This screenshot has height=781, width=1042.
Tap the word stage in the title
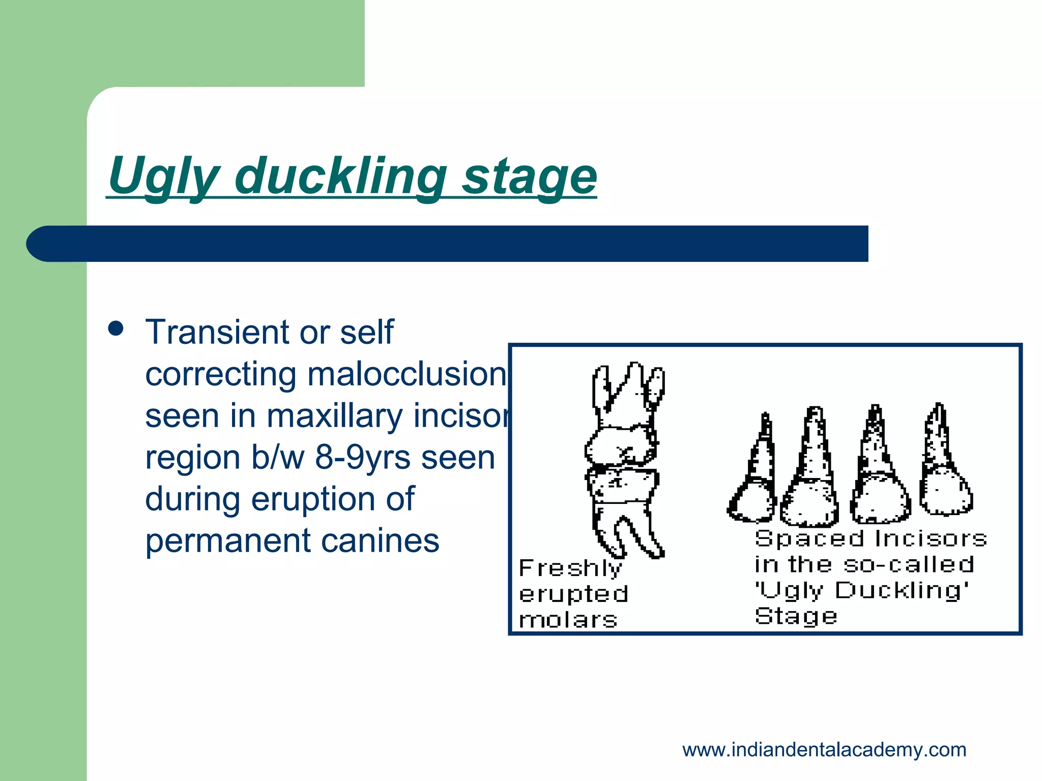point(529,176)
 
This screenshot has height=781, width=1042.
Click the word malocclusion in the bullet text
point(407,374)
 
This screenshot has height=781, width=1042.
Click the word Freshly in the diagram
point(570,568)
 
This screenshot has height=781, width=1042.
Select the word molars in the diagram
point(568,620)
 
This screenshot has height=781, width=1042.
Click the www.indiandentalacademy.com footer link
point(824,750)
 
